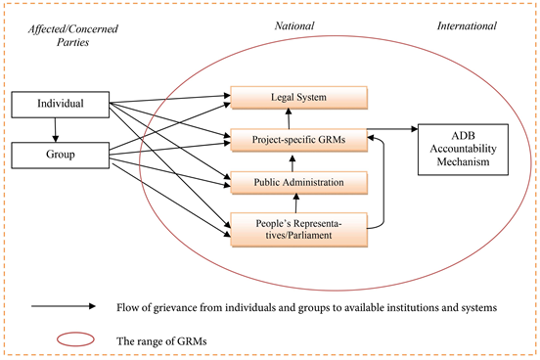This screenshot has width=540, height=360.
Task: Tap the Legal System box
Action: pyautogui.click(x=298, y=98)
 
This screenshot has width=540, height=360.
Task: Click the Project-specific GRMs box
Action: pyautogui.click(x=298, y=140)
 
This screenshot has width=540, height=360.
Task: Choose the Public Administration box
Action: pyautogui.click(x=298, y=182)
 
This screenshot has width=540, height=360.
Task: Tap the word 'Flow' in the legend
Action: pyautogui.click(x=127, y=306)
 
